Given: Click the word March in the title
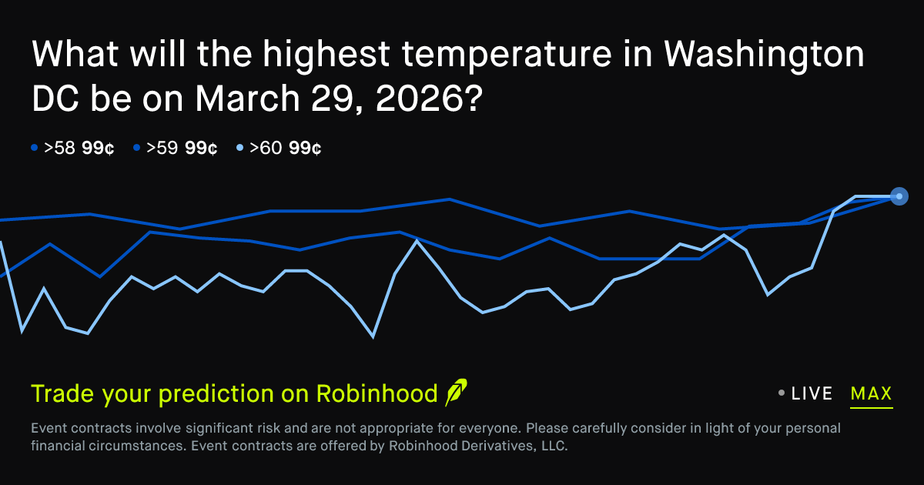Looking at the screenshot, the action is point(247,99).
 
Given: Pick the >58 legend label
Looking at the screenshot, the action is point(59,148).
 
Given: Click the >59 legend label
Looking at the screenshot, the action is point(162,148).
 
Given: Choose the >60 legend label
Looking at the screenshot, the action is point(266,148).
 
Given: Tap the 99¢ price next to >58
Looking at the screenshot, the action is point(98,148).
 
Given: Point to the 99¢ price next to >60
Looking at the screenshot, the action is point(305,148).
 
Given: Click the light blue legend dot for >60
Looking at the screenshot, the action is point(239,147).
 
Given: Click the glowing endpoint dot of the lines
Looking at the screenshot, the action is point(899,196).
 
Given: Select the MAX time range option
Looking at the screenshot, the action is point(871,393).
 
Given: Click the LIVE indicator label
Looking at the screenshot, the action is point(812,393).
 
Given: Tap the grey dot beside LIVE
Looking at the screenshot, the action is point(782,393).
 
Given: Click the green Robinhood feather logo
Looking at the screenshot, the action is point(456,392).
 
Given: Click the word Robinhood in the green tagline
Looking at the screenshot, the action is point(377,393).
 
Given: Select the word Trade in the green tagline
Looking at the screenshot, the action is point(62,393).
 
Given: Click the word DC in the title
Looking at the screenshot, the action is point(55,99).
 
